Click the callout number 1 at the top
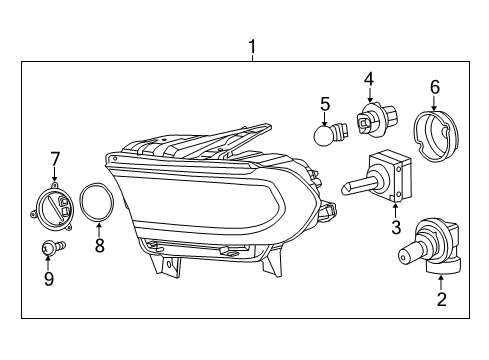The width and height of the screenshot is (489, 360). click(x=252, y=46)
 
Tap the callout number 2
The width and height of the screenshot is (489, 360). click(x=440, y=297)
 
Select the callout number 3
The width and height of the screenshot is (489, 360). click(x=396, y=227)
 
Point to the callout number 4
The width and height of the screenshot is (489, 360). click(x=368, y=78)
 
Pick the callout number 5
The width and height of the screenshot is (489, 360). click(x=325, y=102)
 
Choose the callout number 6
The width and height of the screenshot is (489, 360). click(x=434, y=87)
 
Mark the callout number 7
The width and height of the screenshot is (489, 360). click(x=55, y=157)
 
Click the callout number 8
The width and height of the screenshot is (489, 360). click(x=99, y=246)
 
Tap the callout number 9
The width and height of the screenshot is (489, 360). click(x=48, y=279)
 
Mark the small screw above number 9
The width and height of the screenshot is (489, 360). click(x=49, y=247)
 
